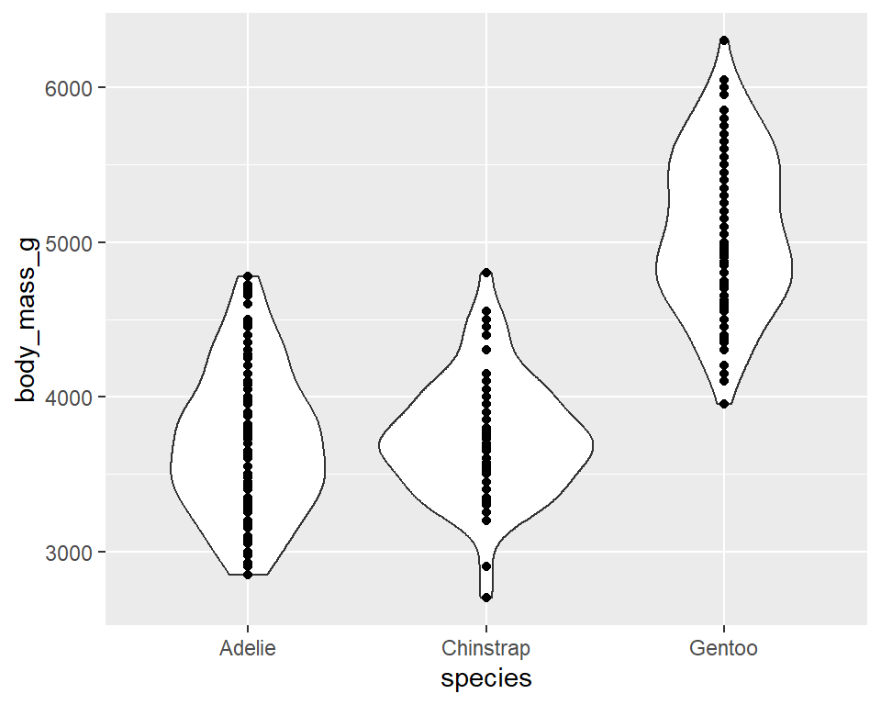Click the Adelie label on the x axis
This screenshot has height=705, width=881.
click(x=248, y=649)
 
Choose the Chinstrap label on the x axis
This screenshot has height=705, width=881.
click(x=485, y=649)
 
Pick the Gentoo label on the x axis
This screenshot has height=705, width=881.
click(x=724, y=649)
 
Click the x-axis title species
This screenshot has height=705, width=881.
click(x=485, y=679)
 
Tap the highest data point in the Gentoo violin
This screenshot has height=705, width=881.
click(x=724, y=40)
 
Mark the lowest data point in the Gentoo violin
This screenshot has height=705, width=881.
click(x=724, y=404)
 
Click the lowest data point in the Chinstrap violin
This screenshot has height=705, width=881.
click(x=486, y=598)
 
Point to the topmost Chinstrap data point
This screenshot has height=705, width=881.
click(x=486, y=273)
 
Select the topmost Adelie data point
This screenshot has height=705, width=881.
click(x=248, y=276)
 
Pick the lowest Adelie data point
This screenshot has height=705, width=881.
click(x=248, y=575)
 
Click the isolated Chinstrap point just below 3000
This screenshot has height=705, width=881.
click(x=486, y=566)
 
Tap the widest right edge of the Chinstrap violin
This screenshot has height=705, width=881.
click(x=592, y=446)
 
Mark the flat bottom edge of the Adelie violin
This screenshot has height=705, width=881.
click(x=248, y=576)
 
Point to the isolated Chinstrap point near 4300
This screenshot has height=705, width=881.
click(x=486, y=350)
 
